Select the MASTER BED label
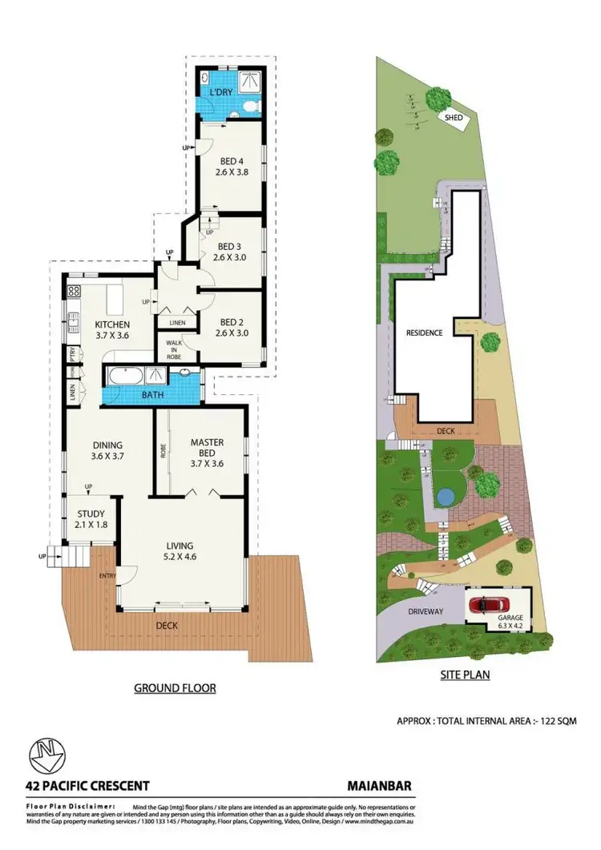[207, 442]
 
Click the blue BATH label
[152, 395]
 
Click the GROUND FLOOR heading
[175, 687]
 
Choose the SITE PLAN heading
[465, 675]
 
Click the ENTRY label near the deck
[107, 575]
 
